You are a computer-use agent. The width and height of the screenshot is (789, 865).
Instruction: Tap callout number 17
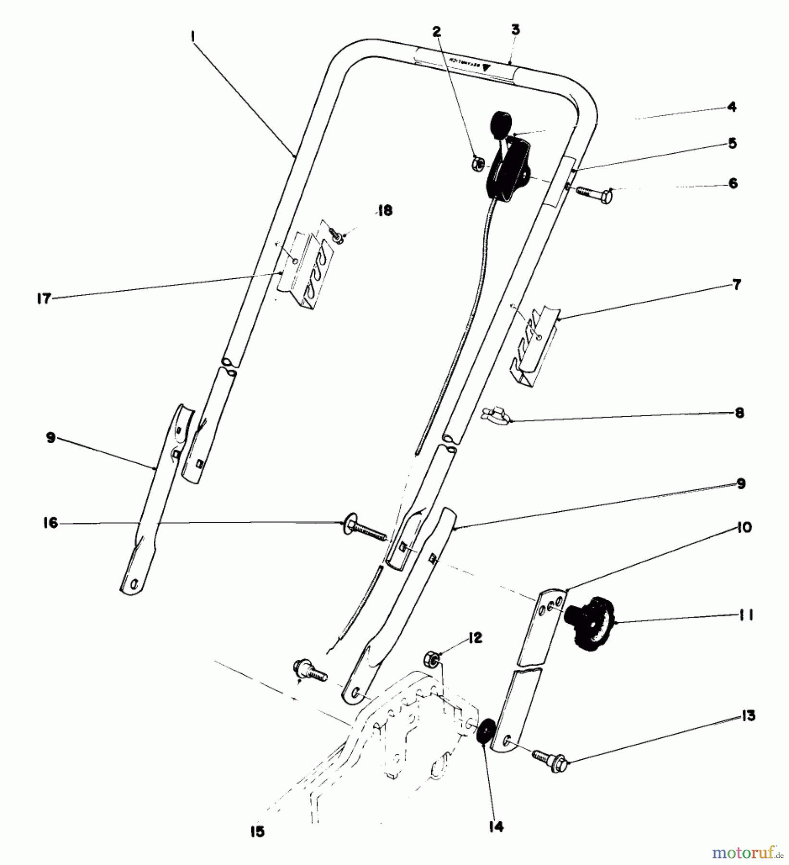click(x=44, y=298)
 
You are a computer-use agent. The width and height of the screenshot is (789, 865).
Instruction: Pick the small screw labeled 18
click(x=336, y=235)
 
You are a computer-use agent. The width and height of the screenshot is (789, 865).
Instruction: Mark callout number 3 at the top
click(x=515, y=30)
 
